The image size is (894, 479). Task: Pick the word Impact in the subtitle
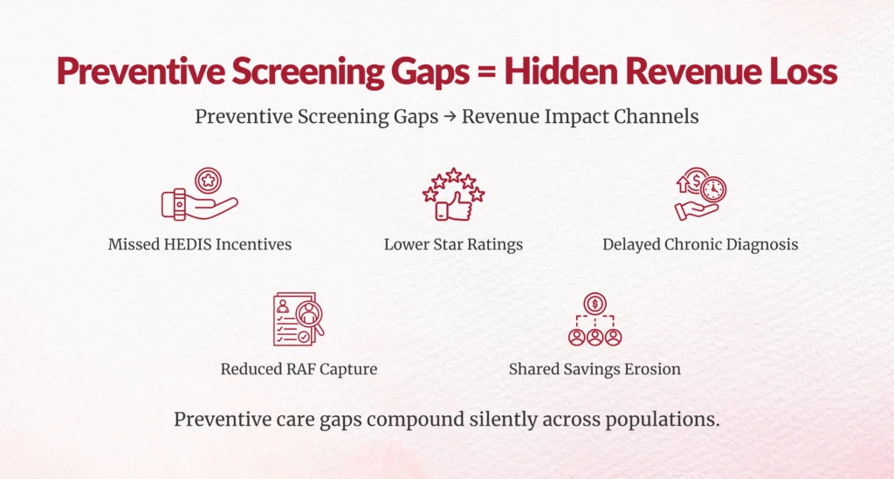(x=574, y=117)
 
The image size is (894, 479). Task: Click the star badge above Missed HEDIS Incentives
(x=209, y=181)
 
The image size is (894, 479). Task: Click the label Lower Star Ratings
(x=453, y=244)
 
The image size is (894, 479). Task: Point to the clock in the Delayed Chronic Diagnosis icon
(x=713, y=189)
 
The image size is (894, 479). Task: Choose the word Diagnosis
(x=759, y=244)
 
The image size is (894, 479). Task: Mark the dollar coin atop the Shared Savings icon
(x=595, y=303)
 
